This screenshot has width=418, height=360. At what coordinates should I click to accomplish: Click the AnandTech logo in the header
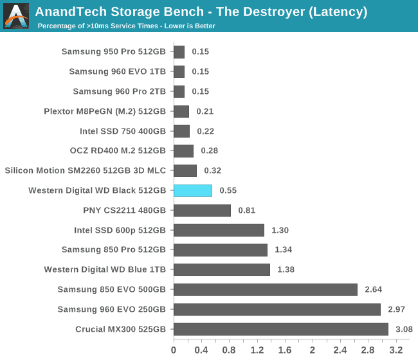(x=16, y=16)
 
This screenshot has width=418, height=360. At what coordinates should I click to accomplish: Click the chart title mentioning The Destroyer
(x=201, y=12)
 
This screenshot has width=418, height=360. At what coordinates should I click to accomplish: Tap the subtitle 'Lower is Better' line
(x=126, y=26)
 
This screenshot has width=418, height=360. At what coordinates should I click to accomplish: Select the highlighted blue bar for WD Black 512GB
(x=193, y=191)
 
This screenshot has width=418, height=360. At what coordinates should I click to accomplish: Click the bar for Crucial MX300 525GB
(x=281, y=330)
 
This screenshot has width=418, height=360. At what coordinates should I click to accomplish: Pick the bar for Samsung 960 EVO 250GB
(x=277, y=310)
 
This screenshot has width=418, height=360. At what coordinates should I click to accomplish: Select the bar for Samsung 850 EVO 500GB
(x=266, y=290)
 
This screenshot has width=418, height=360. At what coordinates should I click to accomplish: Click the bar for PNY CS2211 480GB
(x=202, y=210)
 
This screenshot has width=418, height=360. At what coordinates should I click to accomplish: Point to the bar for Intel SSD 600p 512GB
(x=219, y=230)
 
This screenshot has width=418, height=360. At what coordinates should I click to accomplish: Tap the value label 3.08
(x=404, y=330)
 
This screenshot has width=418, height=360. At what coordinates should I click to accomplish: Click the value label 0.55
(x=228, y=191)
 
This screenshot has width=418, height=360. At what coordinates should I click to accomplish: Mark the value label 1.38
(x=286, y=270)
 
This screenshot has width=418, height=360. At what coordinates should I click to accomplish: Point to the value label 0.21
(x=204, y=111)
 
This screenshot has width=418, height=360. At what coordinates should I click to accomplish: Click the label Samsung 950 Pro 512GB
(x=114, y=51)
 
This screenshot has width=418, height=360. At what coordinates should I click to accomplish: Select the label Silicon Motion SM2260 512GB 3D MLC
(x=86, y=171)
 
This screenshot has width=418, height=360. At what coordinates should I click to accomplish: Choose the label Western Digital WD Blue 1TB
(x=105, y=270)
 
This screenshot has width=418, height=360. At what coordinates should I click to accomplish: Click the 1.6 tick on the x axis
(x=284, y=350)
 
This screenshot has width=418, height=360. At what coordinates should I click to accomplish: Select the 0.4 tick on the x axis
(x=201, y=350)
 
